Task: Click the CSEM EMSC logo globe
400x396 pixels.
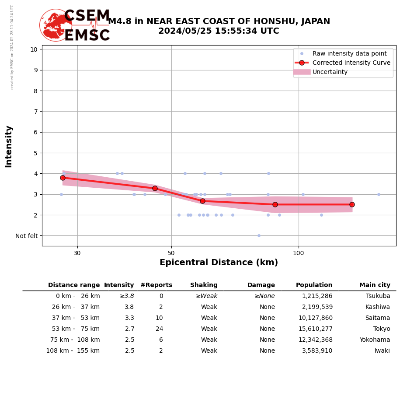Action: [56, 25]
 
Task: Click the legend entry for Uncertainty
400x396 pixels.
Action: [330, 72]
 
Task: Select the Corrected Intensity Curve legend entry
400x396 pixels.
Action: [351, 63]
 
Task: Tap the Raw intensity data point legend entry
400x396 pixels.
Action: [349, 54]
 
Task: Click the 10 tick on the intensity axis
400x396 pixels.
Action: [34, 49]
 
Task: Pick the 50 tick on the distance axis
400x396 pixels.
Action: [171, 253]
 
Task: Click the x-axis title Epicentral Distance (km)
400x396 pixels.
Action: [219, 263]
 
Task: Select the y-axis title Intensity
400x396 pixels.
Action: [9, 147]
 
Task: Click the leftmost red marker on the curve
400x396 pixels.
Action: [63, 178]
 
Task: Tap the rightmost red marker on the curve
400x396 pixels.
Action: [352, 204]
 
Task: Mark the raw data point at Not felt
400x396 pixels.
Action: [259, 235]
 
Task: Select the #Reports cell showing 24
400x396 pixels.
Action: [159, 329]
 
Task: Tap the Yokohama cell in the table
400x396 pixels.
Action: [375, 340]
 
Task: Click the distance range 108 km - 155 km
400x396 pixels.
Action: [73, 351]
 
